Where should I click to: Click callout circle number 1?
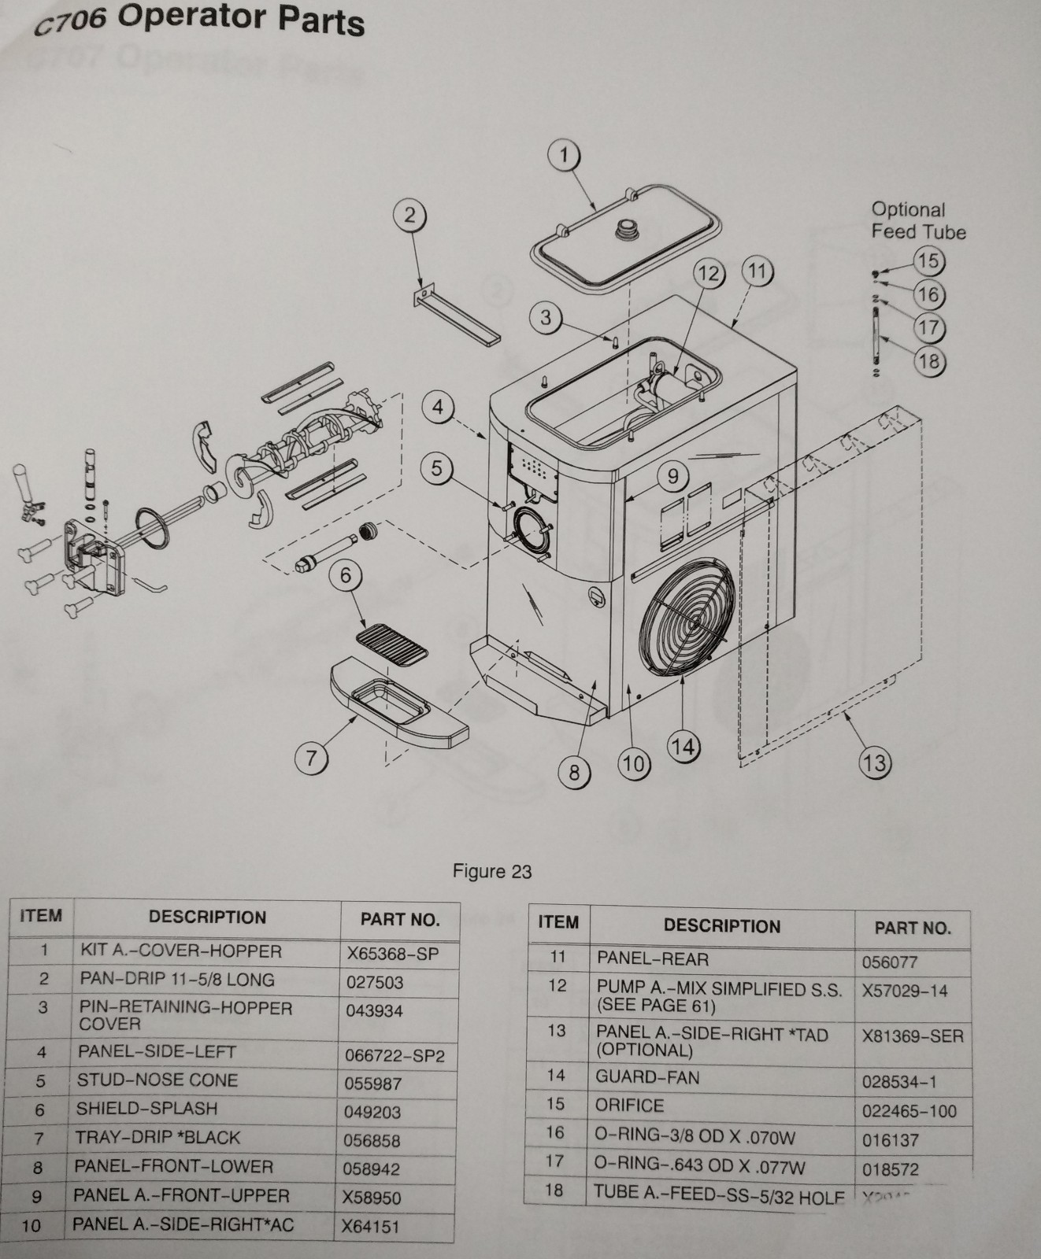(x=563, y=155)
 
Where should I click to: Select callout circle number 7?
(x=311, y=758)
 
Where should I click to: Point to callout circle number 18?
(x=928, y=361)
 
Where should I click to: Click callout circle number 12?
(x=708, y=273)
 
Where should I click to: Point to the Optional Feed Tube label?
(x=917, y=221)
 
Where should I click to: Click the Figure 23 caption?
(x=492, y=871)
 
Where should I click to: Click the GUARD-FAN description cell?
(x=647, y=1077)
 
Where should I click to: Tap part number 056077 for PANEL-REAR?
(x=889, y=962)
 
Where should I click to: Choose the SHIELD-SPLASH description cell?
(x=146, y=1109)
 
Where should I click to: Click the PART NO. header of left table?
(x=399, y=919)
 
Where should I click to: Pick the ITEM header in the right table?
(x=558, y=922)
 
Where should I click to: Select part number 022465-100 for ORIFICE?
(x=909, y=1111)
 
